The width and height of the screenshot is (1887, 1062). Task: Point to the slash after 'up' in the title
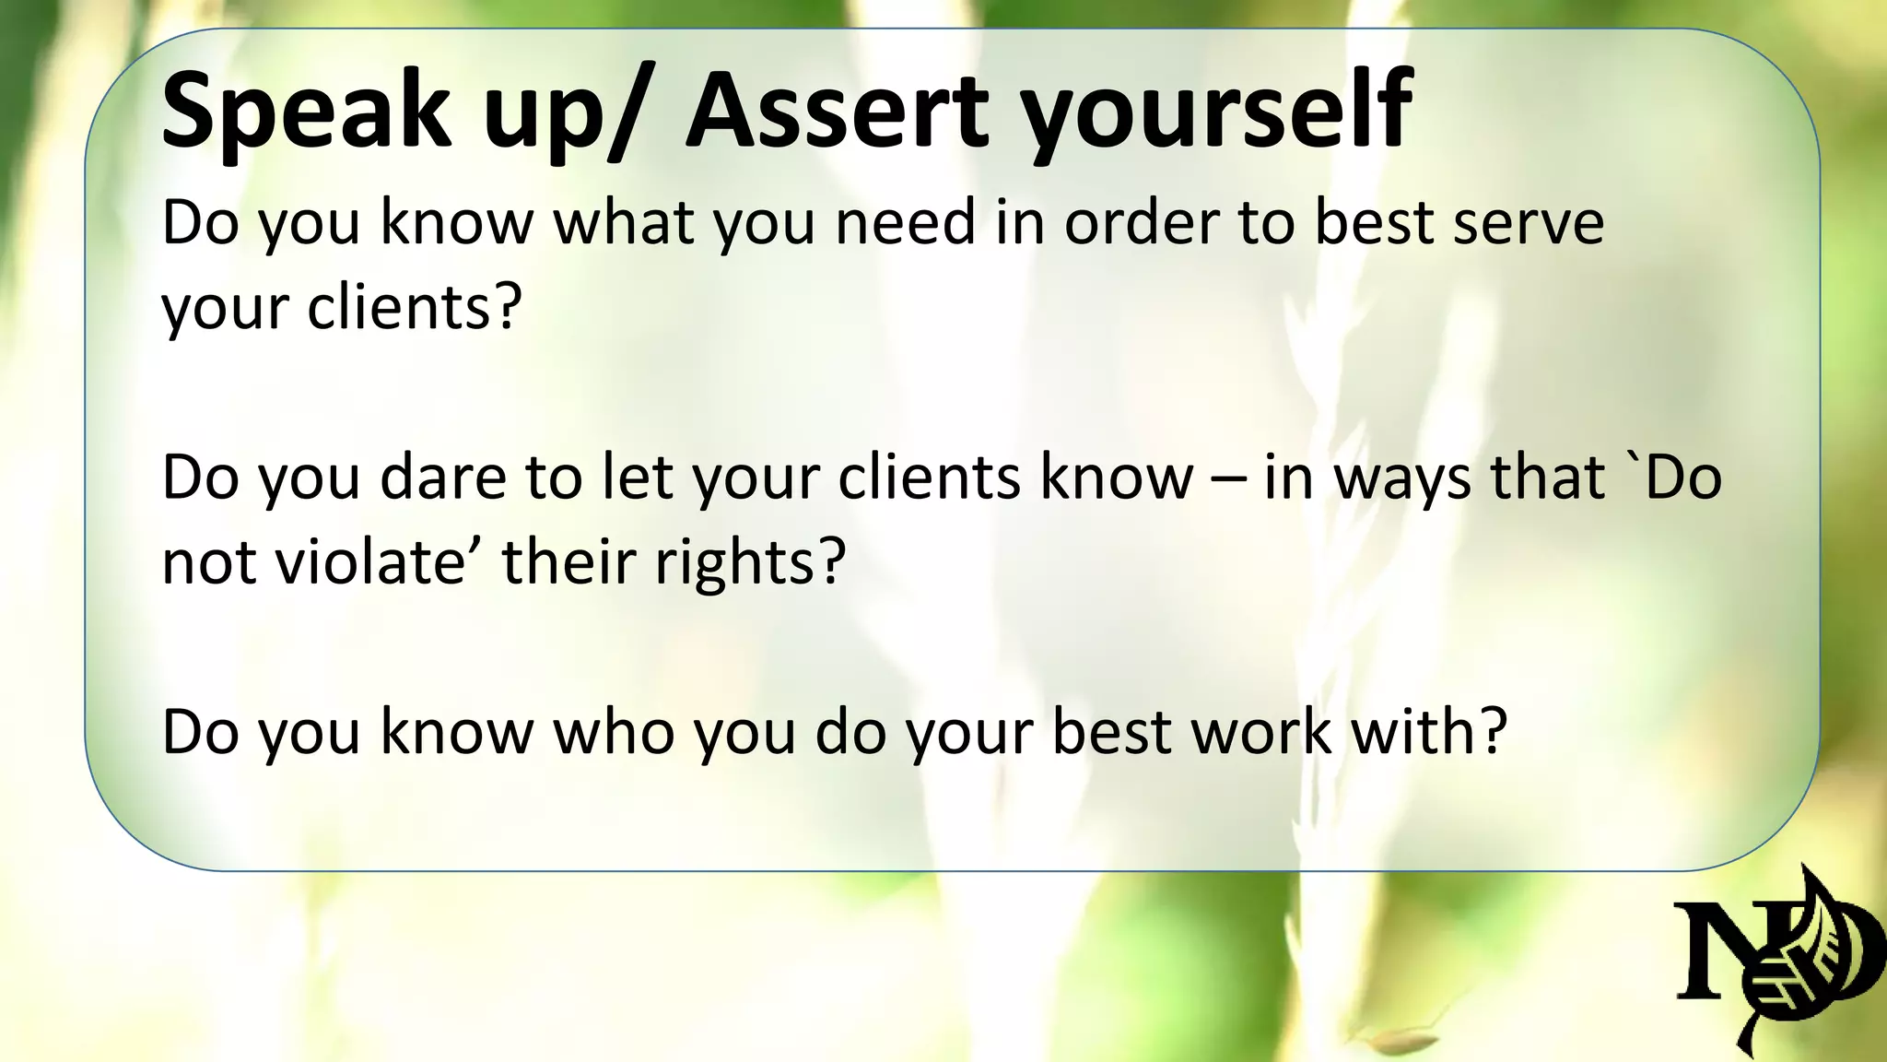click(636, 112)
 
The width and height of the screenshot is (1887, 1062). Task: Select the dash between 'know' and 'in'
click(1228, 479)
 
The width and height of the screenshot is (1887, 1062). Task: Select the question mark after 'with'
click(1491, 732)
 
